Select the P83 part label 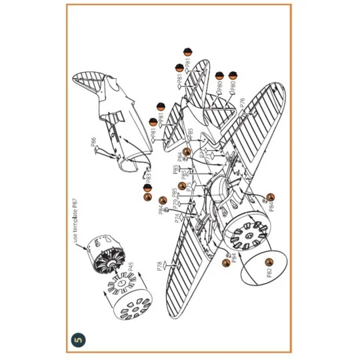tap(148, 177)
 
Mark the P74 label tap(177, 219)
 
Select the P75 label tap(189, 187)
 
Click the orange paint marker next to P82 tap(269, 261)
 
